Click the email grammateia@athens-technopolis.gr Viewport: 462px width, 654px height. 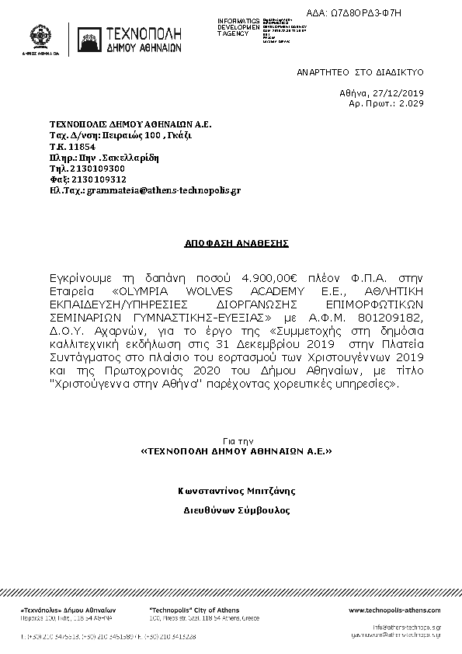[163, 189]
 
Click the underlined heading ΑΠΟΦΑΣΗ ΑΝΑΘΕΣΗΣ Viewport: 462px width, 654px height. [236, 243]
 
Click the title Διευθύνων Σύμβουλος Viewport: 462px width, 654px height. [236, 511]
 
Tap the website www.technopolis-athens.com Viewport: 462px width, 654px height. [394, 611]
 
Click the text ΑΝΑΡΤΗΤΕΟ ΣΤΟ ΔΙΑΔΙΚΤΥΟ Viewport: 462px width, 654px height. [360, 71]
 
